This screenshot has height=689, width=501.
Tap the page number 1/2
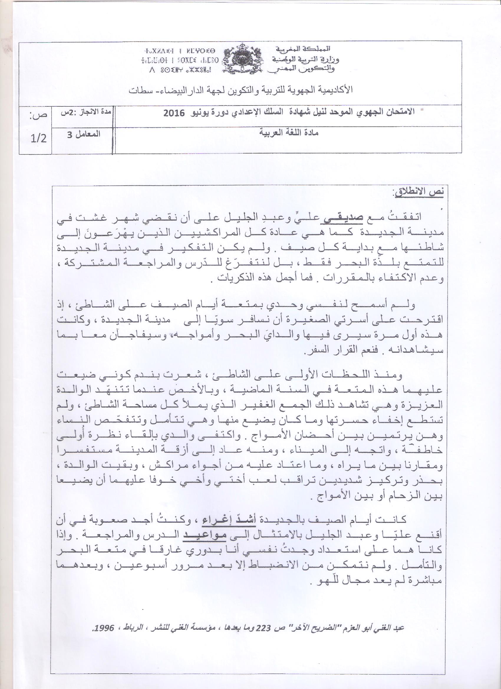coord(38,139)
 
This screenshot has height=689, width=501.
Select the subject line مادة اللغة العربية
coord(289,133)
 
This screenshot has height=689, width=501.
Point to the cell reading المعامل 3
coord(84,134)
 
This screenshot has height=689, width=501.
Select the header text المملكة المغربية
coord(304,49)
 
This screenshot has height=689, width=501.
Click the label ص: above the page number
coord(39,115)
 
